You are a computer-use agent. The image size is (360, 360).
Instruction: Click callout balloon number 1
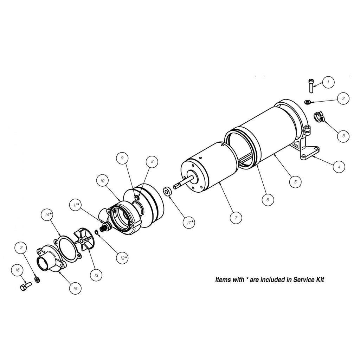[x=328, y=82]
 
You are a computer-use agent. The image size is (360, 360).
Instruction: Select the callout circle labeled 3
[x=343, y=135]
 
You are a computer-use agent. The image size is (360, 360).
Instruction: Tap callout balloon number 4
[x=339, y=167]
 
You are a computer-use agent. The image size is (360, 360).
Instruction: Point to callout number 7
[x=236, y=218]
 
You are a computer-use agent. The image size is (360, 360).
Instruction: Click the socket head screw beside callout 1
[x=310, y=85]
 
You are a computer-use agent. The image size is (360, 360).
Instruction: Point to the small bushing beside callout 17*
[x=167, y=192]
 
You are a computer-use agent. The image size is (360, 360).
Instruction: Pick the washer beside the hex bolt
[x=37, y=280]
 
